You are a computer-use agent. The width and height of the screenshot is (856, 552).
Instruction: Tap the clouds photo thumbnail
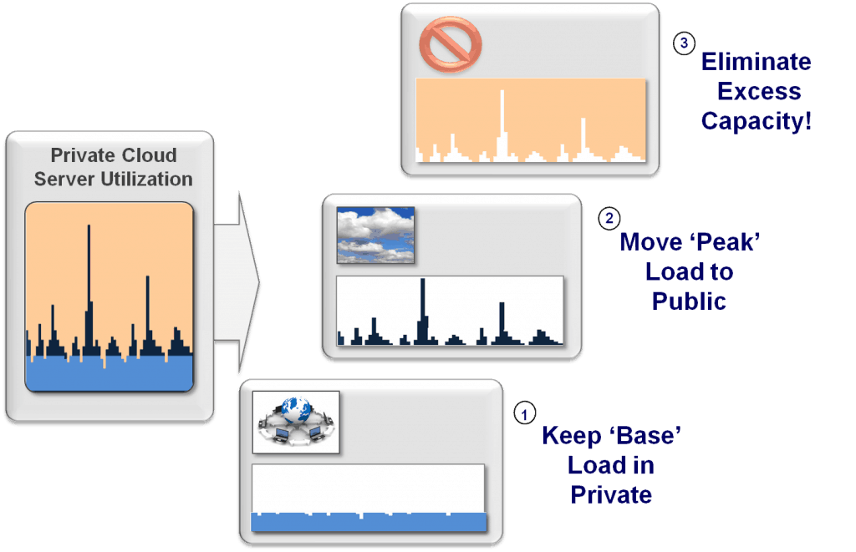pyautogui.click(x=375, y=235)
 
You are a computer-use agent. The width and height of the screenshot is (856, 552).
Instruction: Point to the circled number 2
pyautogui.click(x=608, y=220)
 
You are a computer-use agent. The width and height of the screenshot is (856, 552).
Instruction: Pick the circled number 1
pyautogui.click(x=524, y=413)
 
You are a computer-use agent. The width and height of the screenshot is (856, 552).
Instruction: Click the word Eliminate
pyautogui.click(x=755, y=62)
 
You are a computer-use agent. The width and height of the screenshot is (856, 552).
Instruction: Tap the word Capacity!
pyautogui.click(x=755, y=121)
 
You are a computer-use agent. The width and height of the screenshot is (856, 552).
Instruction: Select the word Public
pyautogui.click(x=688, y=301)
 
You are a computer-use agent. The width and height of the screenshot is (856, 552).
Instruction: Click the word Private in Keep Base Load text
pyautogui.click(x=611, y=494)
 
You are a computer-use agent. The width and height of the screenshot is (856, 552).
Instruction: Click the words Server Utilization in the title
pyautogui.click(x=115, y=179)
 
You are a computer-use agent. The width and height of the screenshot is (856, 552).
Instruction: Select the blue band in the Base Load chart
pyautogui.click(x=368, y=522)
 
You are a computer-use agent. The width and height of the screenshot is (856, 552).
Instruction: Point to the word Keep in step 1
pyautogui.click(x=572, y=436)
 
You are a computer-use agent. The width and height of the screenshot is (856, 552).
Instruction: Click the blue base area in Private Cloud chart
pyautogui.click(x=109, y=374)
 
